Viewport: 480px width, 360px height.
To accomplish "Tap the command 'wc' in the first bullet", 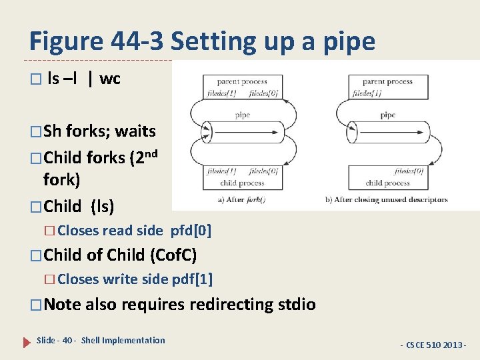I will click(110, 79).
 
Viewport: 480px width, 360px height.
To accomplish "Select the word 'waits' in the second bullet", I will click(135, 131).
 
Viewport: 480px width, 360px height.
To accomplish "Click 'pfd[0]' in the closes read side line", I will click(191, 231).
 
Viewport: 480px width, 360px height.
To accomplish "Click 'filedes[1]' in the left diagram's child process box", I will click(221, 172).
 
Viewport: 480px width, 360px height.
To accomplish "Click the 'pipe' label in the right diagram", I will click(387, 115).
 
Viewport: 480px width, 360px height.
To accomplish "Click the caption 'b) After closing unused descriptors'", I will click(386, 199).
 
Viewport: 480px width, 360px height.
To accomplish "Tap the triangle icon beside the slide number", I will click(27, 341).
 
